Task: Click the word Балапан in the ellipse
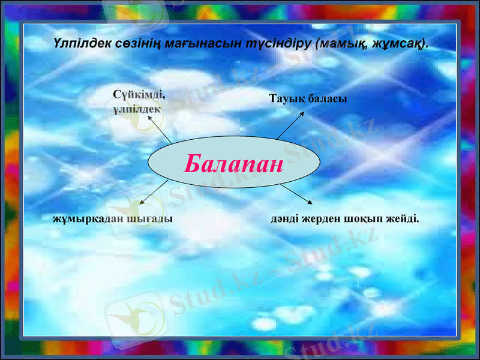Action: [x=233, y=163]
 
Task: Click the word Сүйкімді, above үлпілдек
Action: [x=139, y=94]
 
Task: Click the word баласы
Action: [x=328, y=98]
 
